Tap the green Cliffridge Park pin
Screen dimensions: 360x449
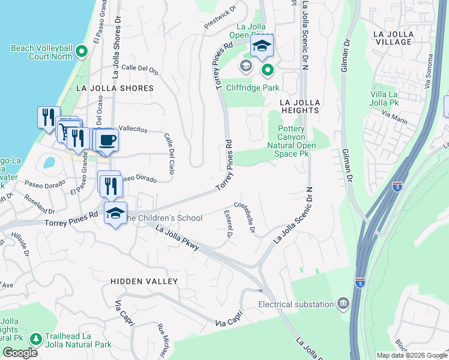point(267,71)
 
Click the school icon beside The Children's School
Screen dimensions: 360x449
point(115,214)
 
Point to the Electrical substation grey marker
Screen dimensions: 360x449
point(343,304)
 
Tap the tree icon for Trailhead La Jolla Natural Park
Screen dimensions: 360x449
point(36,340)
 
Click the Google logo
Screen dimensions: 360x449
point(20,353)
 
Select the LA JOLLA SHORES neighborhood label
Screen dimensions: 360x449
point(115,88)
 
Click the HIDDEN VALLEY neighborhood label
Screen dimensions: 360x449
point(144,281)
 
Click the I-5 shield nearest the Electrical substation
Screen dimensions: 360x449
point(360,281)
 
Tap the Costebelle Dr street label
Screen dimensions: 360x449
point(246,218)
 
